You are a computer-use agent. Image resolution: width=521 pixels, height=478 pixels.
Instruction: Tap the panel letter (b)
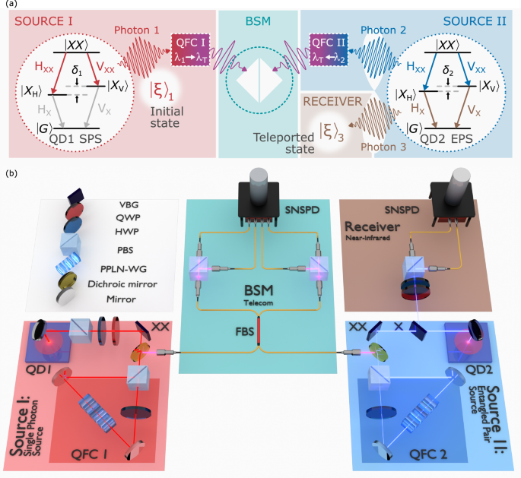(x=9, y=173)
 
